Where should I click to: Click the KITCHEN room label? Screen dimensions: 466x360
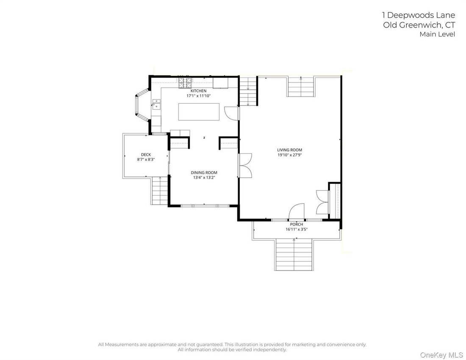(x=198, y=91)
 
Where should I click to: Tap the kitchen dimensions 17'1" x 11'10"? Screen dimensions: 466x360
(x=198, y=96)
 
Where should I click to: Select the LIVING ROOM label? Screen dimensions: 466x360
(x=289, y=150)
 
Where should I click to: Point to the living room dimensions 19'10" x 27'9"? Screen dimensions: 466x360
(x=289, y=155)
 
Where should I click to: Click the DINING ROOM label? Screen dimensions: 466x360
(x=204, y=172)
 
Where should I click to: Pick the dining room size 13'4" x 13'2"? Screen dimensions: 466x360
(x=204, y=177)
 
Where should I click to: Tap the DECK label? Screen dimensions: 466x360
(x=146, y=155)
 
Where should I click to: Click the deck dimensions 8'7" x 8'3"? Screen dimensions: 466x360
(x=146, y=160)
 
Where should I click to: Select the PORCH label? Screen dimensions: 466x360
(x=297, y=224)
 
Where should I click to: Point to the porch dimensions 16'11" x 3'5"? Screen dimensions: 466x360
(x=297, y=229)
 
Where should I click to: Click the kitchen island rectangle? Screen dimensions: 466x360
(x=199, y=112)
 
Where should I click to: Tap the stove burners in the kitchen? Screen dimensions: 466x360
(x=185, y=83)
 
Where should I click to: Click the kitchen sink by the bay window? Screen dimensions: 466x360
(x=156, y=105)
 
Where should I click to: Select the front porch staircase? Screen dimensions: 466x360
(x=294, y=254)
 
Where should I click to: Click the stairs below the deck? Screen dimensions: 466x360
(x=160, y=191)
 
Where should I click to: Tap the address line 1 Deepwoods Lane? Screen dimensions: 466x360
(x=419, y=15)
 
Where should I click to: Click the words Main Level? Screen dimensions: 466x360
(x=437, y=34)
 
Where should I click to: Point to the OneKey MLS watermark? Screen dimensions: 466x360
(x=441, y=355)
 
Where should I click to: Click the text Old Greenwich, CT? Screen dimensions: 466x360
(x=419, y=25)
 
